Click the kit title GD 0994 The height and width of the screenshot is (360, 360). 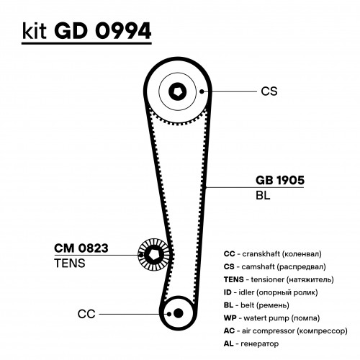pyautogui.click(x=103, y=31)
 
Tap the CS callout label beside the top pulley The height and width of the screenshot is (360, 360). pyautogui.click(x=269, y=91)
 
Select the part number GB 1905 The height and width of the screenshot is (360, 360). pyautogui.click(x=280, y=180)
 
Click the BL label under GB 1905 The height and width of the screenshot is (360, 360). pyautogui.click(x=263, y=195)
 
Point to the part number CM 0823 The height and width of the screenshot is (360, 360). pyautogui.click(x=81, y=248)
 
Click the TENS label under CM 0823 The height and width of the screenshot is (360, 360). pyautogui.click(x=70, y=263)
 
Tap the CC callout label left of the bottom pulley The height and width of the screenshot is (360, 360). pyautogui.click(x=86, y=314)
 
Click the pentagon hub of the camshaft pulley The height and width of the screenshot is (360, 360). pyautogui.click(x=177, y=91)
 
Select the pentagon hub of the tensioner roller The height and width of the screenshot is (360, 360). pyautogui.click(x=153, y=255)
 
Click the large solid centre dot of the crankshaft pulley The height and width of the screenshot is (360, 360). pyautogui.click(x=178, y=313)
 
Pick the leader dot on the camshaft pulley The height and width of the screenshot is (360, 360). pyautogui.click(x=202, y=91)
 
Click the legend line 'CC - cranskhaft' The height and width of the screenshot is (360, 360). pyautogui.click(x=272, y=254)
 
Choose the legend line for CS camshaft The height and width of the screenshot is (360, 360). pyautogui.click(x=274, y=266)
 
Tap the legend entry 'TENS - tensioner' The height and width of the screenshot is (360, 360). pyautogui.click(x=279, y=279)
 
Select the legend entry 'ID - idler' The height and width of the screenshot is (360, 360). pyautogui.click(x=271, y=292)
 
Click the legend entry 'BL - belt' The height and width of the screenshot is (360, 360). pyautogui.click(x=256, y=305)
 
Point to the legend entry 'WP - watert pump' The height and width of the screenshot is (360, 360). pyautogui.click(x=271, y=318)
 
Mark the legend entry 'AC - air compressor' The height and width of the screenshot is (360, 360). pyautogui.click(x=286, y=330)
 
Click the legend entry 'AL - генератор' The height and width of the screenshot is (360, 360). pyautogui.click(x=251, y=343)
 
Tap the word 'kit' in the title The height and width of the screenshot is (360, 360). pyautogui.click(x=34, y=32)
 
